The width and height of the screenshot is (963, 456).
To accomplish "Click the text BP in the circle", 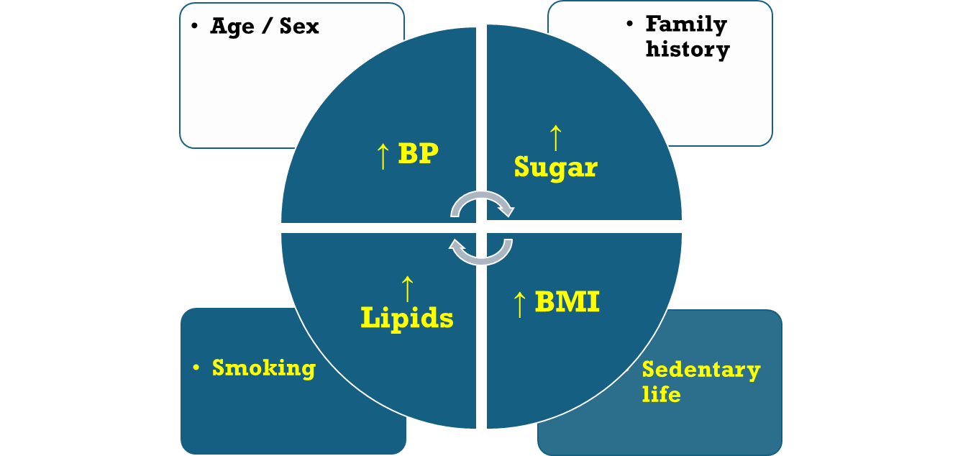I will pos(418,153).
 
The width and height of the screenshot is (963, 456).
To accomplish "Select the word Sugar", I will pos(555,168).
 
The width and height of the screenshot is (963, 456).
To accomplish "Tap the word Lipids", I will pos(407,317).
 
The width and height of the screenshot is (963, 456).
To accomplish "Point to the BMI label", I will pos(567,302).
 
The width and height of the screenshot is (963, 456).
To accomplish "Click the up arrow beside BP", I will pos(383,155).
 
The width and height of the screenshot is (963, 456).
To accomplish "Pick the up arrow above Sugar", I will pos(554,137).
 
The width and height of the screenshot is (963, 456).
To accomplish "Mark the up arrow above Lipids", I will pos(407,288).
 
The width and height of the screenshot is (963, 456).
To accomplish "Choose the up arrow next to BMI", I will pos(519,304).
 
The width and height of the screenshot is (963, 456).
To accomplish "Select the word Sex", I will pos(298,27).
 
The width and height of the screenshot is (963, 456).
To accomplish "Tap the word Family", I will pos(686,24).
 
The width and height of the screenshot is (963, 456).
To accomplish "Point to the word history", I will pos(688,49).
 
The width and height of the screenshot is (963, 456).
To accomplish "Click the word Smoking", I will pos(264,368).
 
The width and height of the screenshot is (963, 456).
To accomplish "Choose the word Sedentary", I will pos(701,370).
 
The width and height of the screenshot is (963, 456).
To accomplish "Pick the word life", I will pos(661,393).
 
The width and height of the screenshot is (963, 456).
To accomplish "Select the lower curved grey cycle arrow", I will pos(481,251).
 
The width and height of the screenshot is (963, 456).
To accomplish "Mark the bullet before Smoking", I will pos(196,368).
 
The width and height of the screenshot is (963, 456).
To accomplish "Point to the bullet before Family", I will pos(631,24).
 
